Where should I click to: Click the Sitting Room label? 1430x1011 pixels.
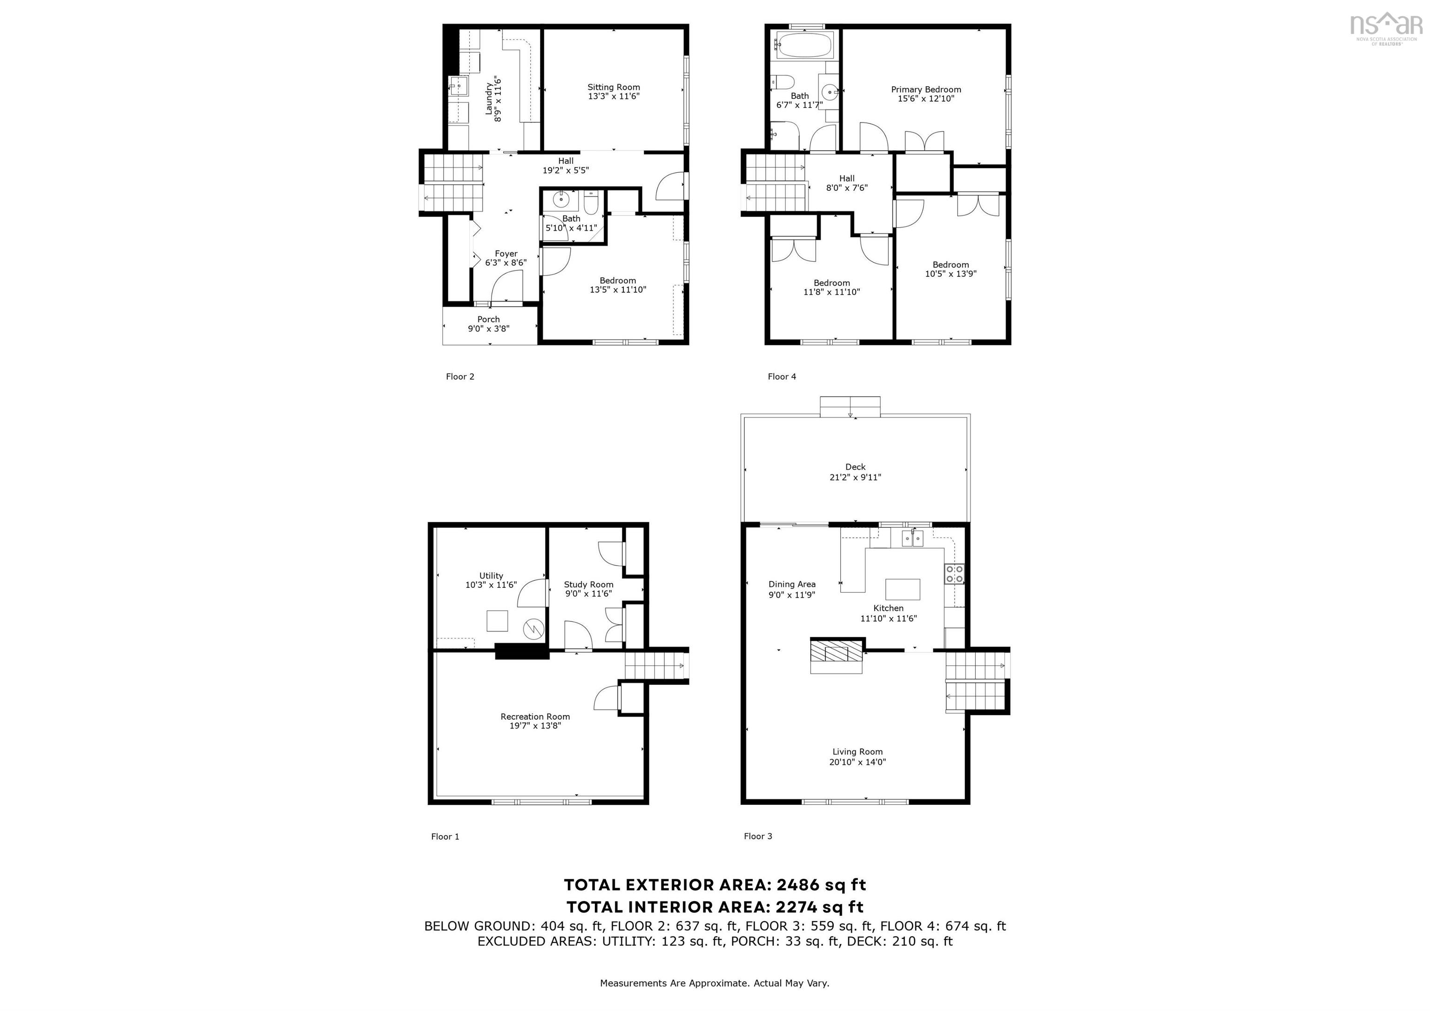coord(614,87)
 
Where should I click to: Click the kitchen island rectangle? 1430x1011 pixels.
coord(903,589)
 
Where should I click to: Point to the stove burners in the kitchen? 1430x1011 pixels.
coord(954,573)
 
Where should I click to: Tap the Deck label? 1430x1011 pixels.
coord(855,466)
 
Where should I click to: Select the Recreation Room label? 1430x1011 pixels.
coord(535,716)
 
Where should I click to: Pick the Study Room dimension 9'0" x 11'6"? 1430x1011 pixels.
coord(588,593)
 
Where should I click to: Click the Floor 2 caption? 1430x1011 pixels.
coord(459,376)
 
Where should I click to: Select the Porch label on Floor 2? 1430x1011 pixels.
coord(488,319)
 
